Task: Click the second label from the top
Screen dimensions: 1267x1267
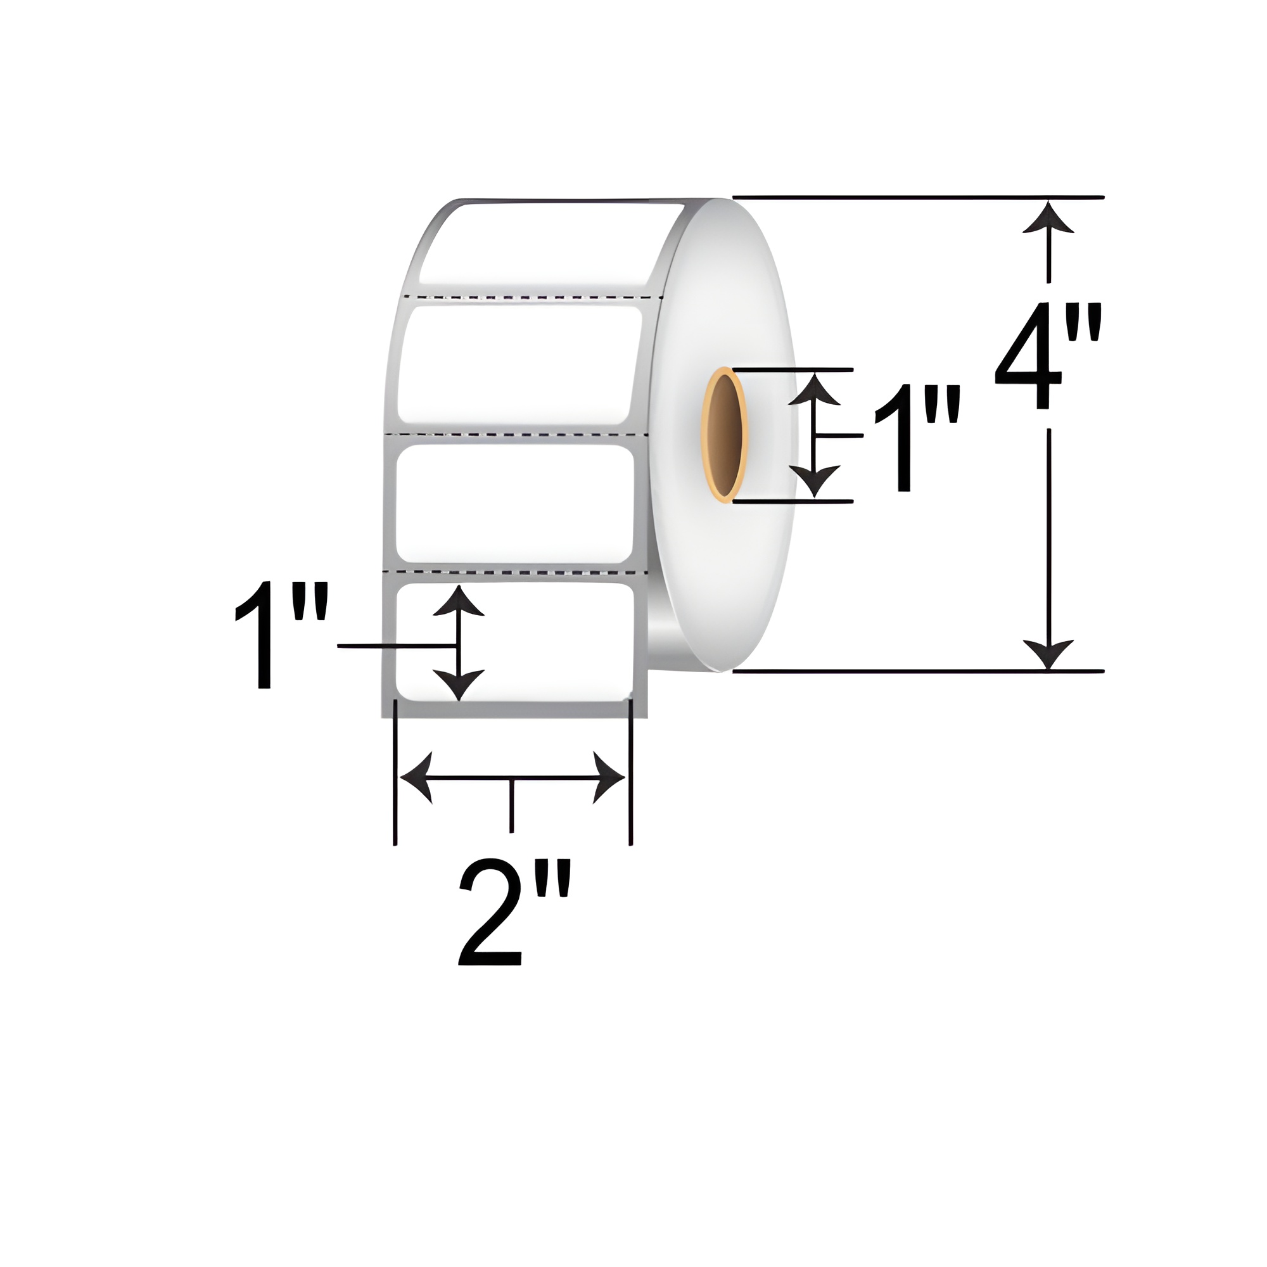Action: click(x=518, y=365)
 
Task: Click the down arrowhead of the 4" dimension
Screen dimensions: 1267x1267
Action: click(x=1048, y=653)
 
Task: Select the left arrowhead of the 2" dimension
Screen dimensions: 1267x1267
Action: click(x=417, y=778)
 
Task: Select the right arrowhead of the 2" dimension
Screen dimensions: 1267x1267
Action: click(x=608, y=778)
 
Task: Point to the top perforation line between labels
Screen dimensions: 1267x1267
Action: click(x=535, y=297)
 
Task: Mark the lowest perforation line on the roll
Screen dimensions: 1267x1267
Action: click(x=515, y=573)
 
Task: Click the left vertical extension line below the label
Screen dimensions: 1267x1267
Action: click(x=395, y=774)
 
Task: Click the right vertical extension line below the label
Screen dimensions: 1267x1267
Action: click(x=630, y=774)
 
